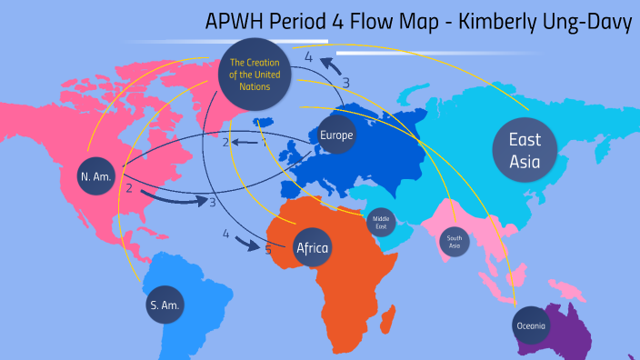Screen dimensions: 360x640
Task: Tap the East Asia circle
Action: (525, 151)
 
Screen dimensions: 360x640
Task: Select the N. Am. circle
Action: (95, 176)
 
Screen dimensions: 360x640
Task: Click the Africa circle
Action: (312, 246)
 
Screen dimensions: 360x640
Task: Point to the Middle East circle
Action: (380, 221)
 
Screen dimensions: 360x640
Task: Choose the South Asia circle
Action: (455, 241)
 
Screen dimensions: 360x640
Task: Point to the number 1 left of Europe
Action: (265, 142)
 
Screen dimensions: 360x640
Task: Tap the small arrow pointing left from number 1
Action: (245, 142)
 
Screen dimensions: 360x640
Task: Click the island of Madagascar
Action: (391, 318)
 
